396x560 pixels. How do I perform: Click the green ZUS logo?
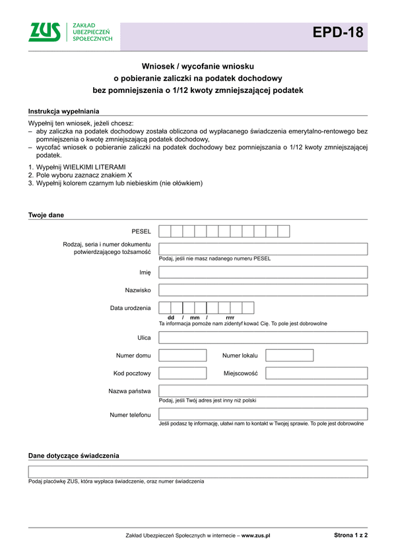[44, 32]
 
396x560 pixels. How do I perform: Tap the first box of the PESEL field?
[165, 231]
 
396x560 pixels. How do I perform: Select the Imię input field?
[263, 272]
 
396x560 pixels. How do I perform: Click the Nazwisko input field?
[263, 290]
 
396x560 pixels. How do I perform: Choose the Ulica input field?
[263, 338]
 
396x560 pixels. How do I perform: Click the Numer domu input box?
[183, 356]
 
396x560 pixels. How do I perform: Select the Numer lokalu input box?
[289, 356]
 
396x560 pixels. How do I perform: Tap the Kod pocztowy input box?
[183, 373]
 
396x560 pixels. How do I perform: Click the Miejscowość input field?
[316, 373]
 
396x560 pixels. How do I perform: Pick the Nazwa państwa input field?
[263, 391]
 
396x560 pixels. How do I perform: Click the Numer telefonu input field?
[263, 414]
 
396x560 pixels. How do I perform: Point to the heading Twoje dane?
[46, 215]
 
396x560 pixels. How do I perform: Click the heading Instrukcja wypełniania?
[63, 111]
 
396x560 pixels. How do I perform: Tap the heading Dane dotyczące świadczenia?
[73, 456]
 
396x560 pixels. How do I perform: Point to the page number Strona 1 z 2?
[350, 536]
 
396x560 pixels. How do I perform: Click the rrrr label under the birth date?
[230, 318]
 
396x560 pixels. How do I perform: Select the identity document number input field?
[263, 249]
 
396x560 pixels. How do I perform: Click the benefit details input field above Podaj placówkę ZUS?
[198, 472]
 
